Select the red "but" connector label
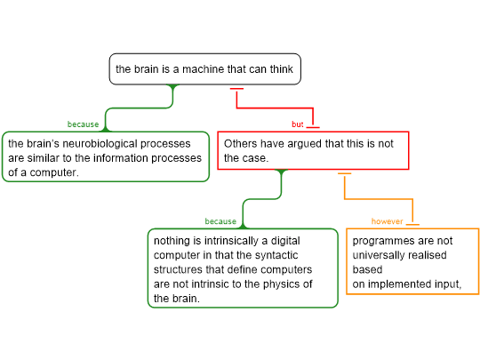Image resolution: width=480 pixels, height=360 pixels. pyautogui.click(x=297, y=124)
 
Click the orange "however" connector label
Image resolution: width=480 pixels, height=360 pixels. pyautogui.click(x=387, y=221)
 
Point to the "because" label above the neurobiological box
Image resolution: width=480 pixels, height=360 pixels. pyautogui.click(x=83, y=124)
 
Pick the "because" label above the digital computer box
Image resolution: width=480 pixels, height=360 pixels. pyautogui.click(x=220, y=221)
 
